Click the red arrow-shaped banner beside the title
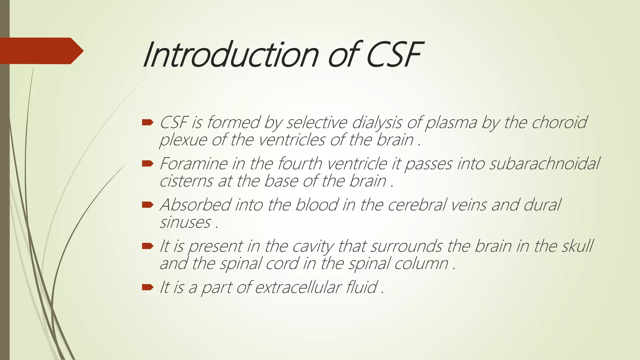pyautogui.click(x=41, y=51)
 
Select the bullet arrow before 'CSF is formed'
pyautogui.click(x=147, y=122)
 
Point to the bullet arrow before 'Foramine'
pyautogui.click(x=147, y=163)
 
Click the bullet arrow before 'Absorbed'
pyautogui.click(x=147, y=205)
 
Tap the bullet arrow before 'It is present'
pyautogui.click(x=147, y=246)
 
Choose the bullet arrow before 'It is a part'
pyautogui.click(x=147, y=287)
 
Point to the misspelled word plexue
pyautogui.click(x=183, y=140)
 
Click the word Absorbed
pyautogui.click(x=195, y=205)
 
